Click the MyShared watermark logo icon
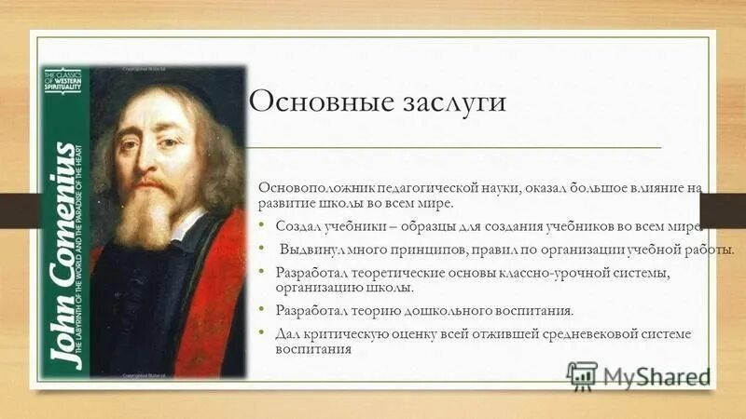pos(582,374)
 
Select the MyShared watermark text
pos(656,375)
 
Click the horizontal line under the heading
pos(457,147)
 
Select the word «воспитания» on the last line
pos(312,350)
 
